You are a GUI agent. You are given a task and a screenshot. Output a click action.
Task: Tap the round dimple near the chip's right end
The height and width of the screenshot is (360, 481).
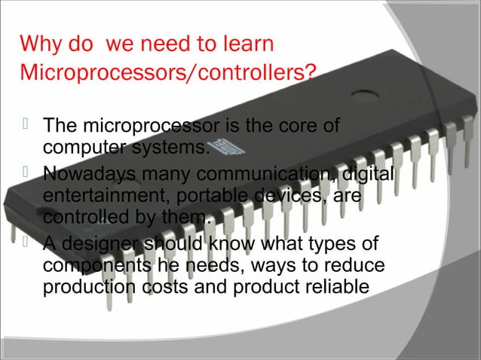(365, 96)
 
